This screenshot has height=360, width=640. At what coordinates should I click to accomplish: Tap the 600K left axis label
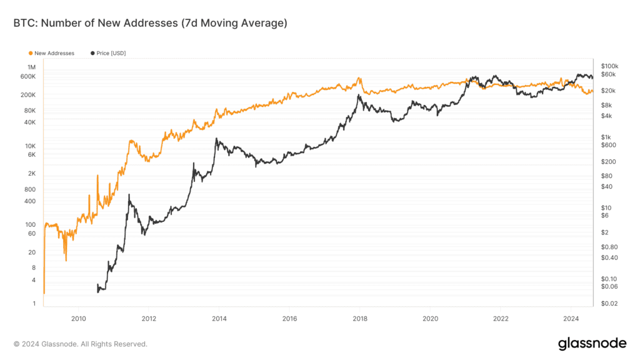pos(29,76)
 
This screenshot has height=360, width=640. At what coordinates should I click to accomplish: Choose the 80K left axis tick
pos(30,111)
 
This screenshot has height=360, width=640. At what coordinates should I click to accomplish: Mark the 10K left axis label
pos(31,146)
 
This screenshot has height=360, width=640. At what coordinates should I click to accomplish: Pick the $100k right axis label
pos(609,66)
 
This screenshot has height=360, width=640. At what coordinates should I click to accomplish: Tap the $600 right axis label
pos(607,145)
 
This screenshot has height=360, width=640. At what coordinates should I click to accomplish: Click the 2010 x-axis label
pos(78,318)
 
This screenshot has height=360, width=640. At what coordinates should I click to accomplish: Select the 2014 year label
pos(219,318)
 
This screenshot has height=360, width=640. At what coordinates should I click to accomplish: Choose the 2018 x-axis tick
pos(360,318)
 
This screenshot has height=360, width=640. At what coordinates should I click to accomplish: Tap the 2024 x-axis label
pos(571,318)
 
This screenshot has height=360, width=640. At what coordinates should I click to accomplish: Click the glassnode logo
pos(592,343)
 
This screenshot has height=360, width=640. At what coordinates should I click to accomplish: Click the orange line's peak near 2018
pos(359,79)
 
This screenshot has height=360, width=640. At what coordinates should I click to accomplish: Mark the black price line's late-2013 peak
pos(216,139)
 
